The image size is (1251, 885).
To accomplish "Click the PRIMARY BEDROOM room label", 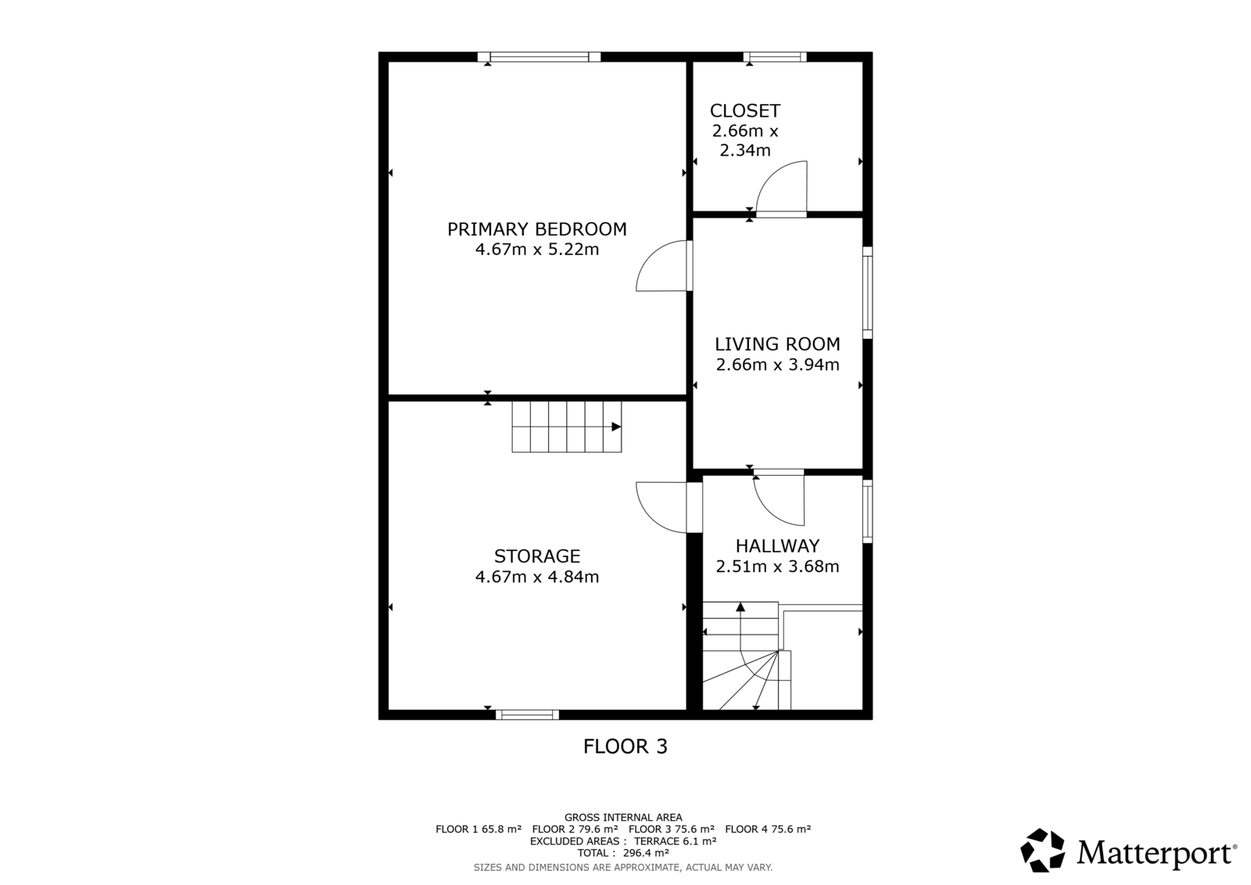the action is (536, 229).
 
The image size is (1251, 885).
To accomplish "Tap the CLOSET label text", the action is (745, 110).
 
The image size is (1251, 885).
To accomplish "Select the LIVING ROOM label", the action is (777, 344).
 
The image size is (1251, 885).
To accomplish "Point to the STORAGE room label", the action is (536, 556).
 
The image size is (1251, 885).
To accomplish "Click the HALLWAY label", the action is (777, 545).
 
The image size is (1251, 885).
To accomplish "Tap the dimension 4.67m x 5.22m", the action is (536, 250).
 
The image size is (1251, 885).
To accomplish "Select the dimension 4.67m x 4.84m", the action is (536, 577).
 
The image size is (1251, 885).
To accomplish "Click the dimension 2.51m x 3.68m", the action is (777, 567).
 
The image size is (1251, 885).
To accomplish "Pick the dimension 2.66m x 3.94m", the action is (777, 365).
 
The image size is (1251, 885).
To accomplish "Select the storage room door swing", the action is (648, 519).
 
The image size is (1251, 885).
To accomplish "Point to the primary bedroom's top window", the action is (539, 56).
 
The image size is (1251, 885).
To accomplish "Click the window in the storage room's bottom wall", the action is (527, 714).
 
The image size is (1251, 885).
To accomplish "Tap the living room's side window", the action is (867, 293).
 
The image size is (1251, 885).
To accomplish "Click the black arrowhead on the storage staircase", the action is (616, 426).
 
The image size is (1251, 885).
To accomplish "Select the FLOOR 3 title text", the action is (625, 746).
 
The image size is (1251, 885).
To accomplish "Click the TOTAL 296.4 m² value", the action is (623, 853).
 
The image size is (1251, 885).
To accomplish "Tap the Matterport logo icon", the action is (1042, 850).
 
